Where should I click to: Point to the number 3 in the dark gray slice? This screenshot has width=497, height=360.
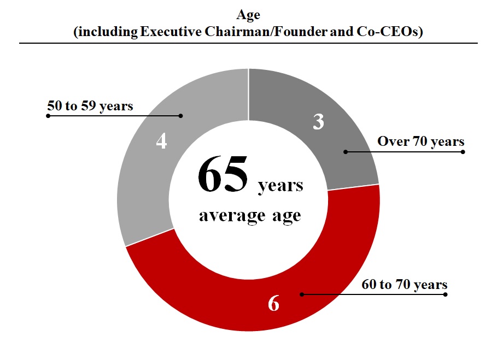pos(318,122)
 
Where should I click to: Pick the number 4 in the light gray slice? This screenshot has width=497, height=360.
pos(161,141)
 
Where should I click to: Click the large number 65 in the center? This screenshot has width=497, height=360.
pos(223,175)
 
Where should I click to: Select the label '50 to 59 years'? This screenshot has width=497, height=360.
pos(90,106)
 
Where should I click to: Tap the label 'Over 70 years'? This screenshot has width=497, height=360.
pos(420,141)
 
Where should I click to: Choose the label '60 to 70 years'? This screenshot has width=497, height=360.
pos(405,285)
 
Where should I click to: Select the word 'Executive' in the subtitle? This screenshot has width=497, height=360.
pos(167,32)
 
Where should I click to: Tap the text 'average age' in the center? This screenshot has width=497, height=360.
pos(250,215)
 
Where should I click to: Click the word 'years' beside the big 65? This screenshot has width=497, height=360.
pos(280,185)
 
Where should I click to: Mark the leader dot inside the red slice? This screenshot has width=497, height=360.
pos(301,294)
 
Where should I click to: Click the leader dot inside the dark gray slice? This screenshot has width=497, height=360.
pos(345,151)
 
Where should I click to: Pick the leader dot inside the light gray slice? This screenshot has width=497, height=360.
pos(180,115)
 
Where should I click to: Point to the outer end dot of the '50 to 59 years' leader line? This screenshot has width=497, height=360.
pos(48,116)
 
